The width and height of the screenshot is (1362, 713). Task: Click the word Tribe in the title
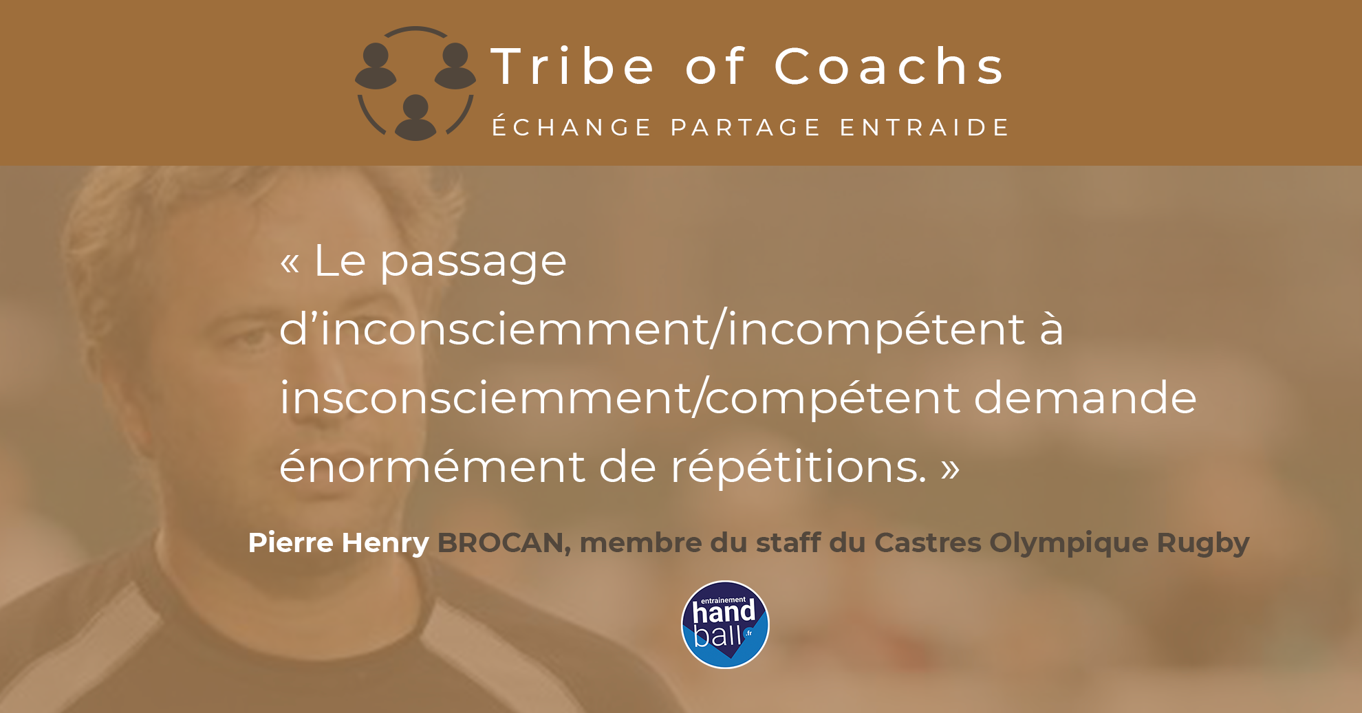572,67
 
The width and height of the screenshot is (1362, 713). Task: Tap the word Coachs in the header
889,67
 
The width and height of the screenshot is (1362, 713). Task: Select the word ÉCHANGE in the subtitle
572,127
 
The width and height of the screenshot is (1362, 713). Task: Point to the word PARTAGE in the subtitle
746,127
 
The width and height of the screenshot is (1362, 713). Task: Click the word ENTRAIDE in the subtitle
925,127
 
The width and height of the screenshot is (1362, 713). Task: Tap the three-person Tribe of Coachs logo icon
415,83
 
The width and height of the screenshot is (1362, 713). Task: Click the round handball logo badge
725,624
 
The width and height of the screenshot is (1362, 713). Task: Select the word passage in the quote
473,263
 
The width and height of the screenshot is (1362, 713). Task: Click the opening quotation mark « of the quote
290,263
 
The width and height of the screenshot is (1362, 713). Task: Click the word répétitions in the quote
798,468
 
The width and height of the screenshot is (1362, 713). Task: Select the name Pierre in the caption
291,542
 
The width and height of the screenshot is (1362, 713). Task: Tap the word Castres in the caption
928,542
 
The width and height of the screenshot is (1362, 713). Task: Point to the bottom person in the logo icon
415,118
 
